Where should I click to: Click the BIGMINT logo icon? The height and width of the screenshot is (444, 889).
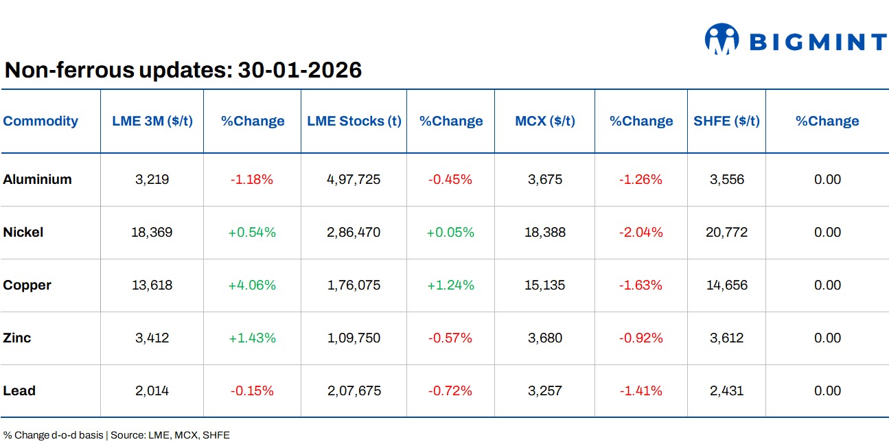point(721,39)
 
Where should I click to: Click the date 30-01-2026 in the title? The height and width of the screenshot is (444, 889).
point(299,70)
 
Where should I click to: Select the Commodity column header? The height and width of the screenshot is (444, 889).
point(41,121)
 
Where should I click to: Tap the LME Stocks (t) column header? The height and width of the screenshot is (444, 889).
point(354,121)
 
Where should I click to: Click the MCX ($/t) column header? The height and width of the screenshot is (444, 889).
point(545,121)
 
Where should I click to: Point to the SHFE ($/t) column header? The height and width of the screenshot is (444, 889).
point(726,121)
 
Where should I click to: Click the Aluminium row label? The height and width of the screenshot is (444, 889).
point(37,180)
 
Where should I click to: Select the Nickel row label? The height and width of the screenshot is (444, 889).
point(23,233)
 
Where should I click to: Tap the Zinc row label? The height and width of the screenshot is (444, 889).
point(17,338)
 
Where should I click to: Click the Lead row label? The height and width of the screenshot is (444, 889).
point(19,391)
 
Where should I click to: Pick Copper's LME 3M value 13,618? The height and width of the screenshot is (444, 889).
point(152,285)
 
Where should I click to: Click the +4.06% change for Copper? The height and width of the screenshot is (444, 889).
point(252,285)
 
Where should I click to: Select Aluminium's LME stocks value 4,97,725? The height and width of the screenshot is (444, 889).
point(354,180)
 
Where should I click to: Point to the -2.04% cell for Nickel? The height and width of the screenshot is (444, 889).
point(640,233)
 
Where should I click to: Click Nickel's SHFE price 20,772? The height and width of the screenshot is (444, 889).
point(726,233)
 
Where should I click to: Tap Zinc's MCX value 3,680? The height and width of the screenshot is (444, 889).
point(545,338)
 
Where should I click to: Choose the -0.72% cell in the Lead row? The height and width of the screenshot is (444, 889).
point(450,391)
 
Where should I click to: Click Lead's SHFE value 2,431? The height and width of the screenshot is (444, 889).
point(726,391)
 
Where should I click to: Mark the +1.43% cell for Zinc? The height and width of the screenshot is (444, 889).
point(252,338)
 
